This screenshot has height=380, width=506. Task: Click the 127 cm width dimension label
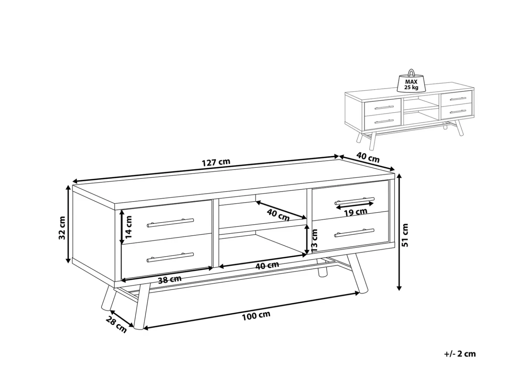pyautogui.click(x=216, y=162)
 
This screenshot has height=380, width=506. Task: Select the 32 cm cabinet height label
pyautogui.click(x=62, y=227)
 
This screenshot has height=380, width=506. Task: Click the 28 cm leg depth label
pyautogui.click(x=116, y=325)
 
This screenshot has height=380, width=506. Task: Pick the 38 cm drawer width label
pyautogui.click(x=170, y=279)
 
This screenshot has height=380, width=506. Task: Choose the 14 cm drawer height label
pyautogui.click(x=129, y=227)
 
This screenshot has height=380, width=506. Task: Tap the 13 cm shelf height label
pyautogui.click(x=314, y=240)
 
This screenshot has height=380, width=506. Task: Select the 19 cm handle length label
pyautogui.click(x=356, y=212)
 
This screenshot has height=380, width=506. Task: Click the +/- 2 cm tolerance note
pyautogui.click(x=460, y=360)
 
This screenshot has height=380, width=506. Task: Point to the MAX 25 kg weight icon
pyautogui.click(x=411, y=80)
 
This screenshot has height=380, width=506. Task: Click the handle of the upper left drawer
pyautogui.click(x=170, y=223)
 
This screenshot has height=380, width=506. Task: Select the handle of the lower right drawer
pyautogui.click(x=354, y=233)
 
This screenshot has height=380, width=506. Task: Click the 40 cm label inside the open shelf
pyautogui.click(x=278, y=215)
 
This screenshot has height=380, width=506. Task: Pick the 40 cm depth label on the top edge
pyautogui.click(x=368, y=157)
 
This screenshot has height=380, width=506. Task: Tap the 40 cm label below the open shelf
pyautogui.click(x=267, y=265)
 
